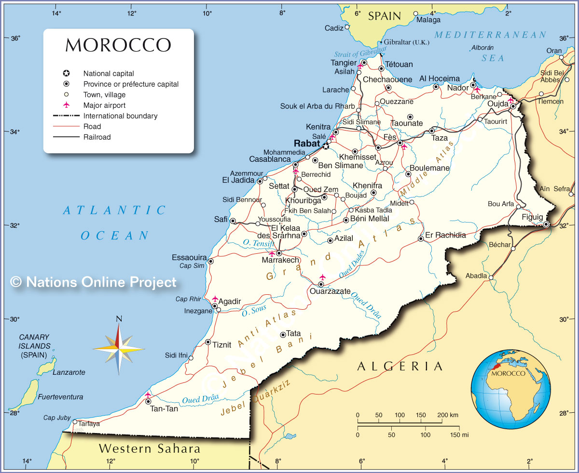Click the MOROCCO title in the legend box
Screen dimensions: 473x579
click(x=118, y=45)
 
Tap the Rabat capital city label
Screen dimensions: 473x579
click(x=307, y=144)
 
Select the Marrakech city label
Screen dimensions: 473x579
click(x=280, y=260)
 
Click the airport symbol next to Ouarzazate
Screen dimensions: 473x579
click(x=322, y=277)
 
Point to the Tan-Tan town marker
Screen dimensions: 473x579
click(x=148, y=401)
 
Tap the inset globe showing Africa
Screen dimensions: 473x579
click(x=510, y=389)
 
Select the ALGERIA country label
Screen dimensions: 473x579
click(x=400, y=367)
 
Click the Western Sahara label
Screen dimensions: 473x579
click(x=150, y=449)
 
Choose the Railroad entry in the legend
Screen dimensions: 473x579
click(x=97, y=137)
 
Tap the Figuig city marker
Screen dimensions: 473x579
click(x=546, y=224)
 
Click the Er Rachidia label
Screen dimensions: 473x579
click(x=445, y=235)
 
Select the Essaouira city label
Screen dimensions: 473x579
click(x=189, y=257)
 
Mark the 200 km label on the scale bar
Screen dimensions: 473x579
click(x=447, y=415)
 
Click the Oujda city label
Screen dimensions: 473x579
click(x=497, y=104)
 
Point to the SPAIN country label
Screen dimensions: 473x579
click(x=385, y=16)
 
